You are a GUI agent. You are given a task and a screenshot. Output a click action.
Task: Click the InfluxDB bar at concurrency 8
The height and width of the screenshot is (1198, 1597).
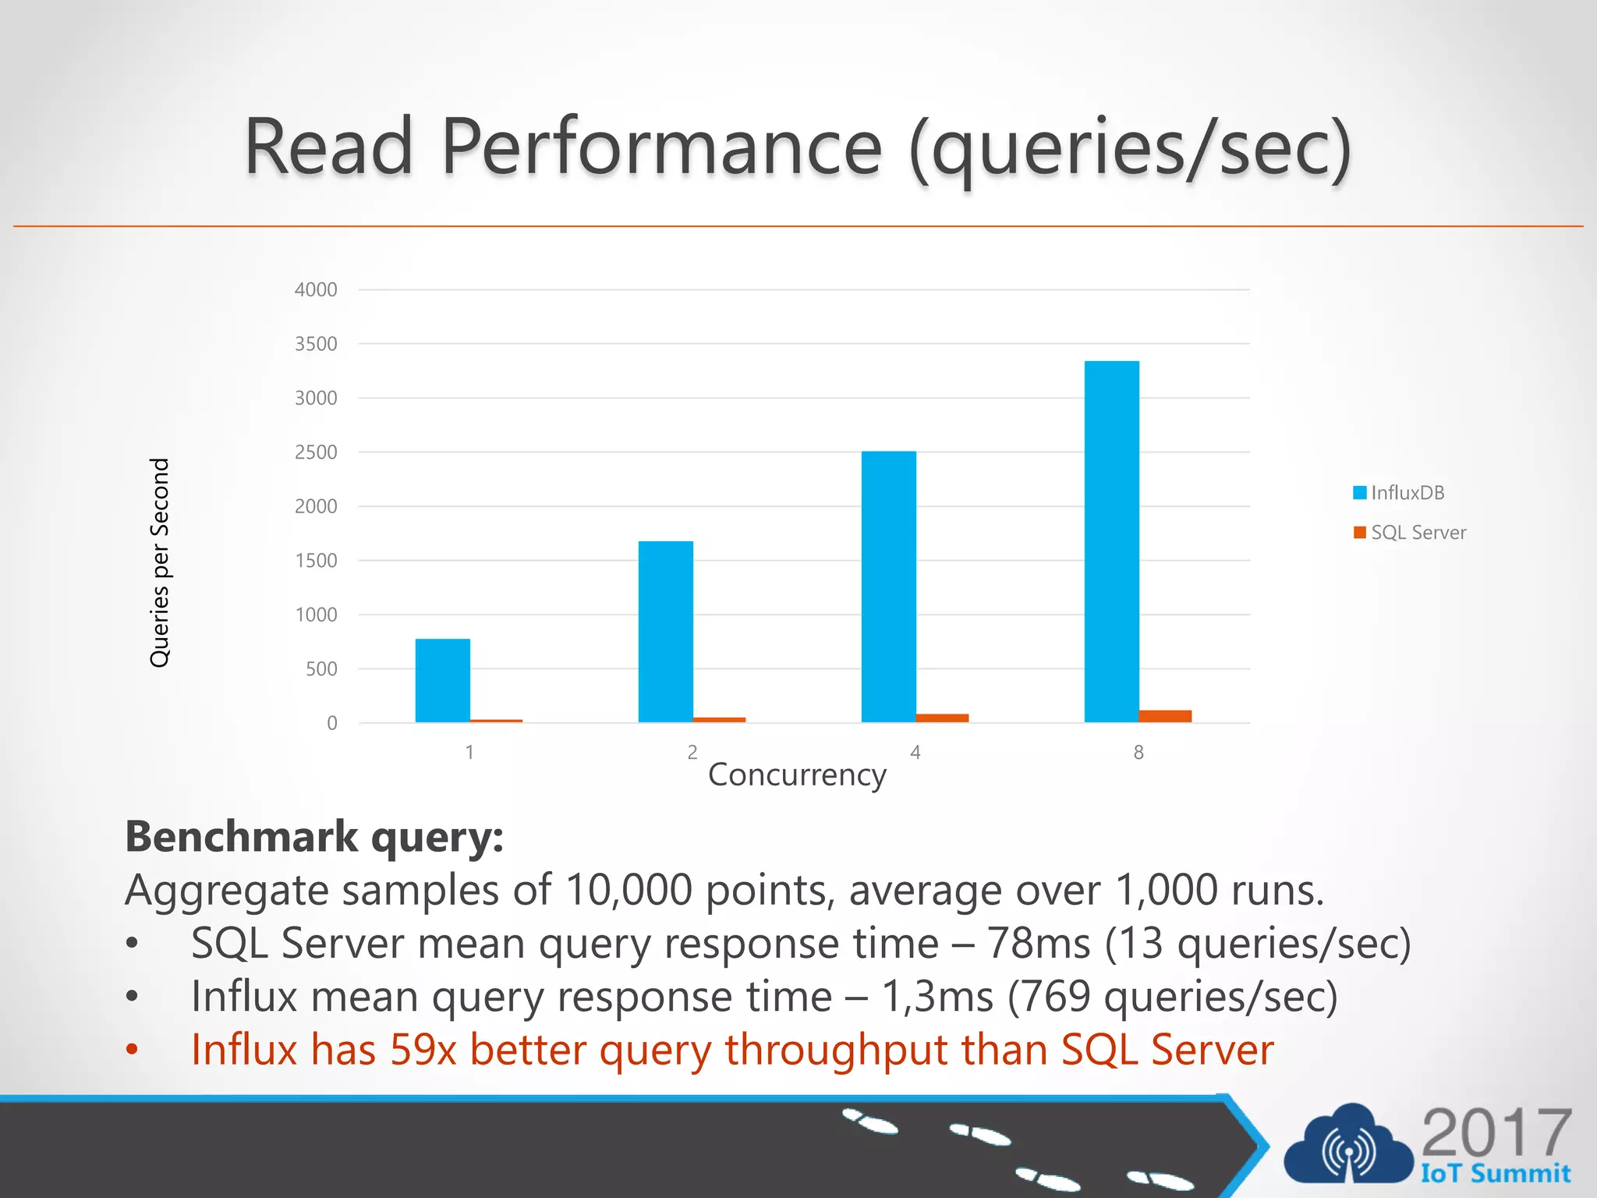pos(1111,541)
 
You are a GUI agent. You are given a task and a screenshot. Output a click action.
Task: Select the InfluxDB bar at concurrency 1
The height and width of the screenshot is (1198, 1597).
pos(442,680)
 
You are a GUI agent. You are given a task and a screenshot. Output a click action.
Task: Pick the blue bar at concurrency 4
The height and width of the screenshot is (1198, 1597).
pos(888,587)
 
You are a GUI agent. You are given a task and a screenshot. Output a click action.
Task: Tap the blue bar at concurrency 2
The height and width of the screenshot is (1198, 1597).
pos(665,632)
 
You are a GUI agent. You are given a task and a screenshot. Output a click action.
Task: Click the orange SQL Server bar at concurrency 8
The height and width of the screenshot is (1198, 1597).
pos(1165,716)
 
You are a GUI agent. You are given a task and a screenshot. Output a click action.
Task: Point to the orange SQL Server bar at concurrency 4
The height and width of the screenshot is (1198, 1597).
pos(942,718)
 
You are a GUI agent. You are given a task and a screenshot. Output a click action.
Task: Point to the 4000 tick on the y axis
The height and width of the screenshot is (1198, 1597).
pos(316,289)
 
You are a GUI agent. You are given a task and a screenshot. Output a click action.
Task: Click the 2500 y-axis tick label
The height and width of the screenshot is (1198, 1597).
pos(316,452)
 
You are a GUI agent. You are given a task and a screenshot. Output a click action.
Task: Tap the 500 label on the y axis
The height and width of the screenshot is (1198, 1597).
pos(321,669)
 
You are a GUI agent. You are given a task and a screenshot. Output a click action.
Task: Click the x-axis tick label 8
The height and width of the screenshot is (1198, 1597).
pos(1138,753)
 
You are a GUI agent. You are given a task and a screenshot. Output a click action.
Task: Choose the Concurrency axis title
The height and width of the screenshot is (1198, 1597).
pos(797,775)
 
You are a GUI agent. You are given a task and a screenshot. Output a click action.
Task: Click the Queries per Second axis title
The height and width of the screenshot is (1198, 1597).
pos(159,562)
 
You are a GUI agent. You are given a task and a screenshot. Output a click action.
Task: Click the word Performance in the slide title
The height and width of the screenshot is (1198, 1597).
pos(662,147)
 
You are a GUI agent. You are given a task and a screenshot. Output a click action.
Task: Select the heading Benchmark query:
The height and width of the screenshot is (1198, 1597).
pos(314,837)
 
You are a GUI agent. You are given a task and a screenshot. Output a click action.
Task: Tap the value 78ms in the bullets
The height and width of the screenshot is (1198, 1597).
pos(1038,944)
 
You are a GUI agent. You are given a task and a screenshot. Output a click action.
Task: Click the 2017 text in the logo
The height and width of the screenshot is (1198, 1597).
pos(1496,1132)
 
